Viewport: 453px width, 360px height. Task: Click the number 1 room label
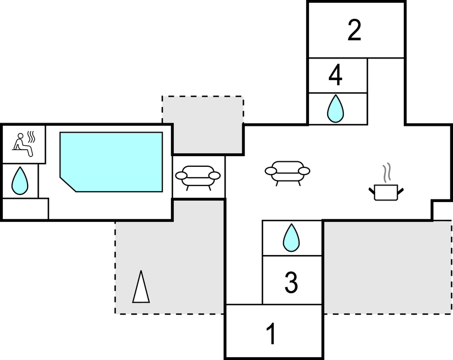click(x=271, y=334)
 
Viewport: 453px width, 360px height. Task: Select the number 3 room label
click(x=291, y=282)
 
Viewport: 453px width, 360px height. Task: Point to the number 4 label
click(x=335, y=76)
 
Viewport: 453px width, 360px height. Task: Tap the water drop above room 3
click(x=291, y=237)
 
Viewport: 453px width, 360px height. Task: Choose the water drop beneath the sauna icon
click(x=20, y=180)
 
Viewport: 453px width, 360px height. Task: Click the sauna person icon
click(x=22, y=143)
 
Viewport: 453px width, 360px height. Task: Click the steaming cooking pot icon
click(x=386, y=192)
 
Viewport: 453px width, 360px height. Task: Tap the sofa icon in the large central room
click(x=287, y=172)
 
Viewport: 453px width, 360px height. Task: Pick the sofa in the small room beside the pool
click(x=198, y=177)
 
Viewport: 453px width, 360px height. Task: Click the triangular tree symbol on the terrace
click(x=141, y=287)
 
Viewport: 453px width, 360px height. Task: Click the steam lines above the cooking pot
click(x=388, y=172)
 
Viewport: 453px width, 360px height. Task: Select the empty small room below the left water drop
click(x=25, y=209)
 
